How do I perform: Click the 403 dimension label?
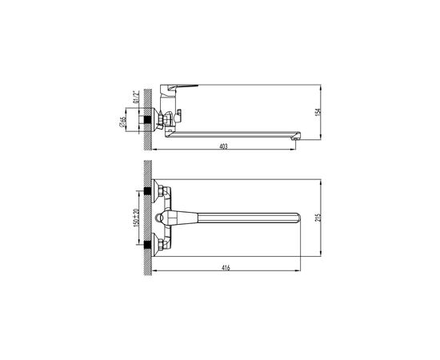click(224, 146)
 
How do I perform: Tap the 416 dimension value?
click(226, 267)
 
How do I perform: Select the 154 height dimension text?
click(318, 112)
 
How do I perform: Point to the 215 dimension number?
click(318, 218)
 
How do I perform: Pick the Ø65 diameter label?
click(122, 122)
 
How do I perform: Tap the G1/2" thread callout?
click(135, 97)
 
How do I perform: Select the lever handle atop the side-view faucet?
click(178, 87)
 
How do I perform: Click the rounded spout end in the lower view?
click(297, 218)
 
